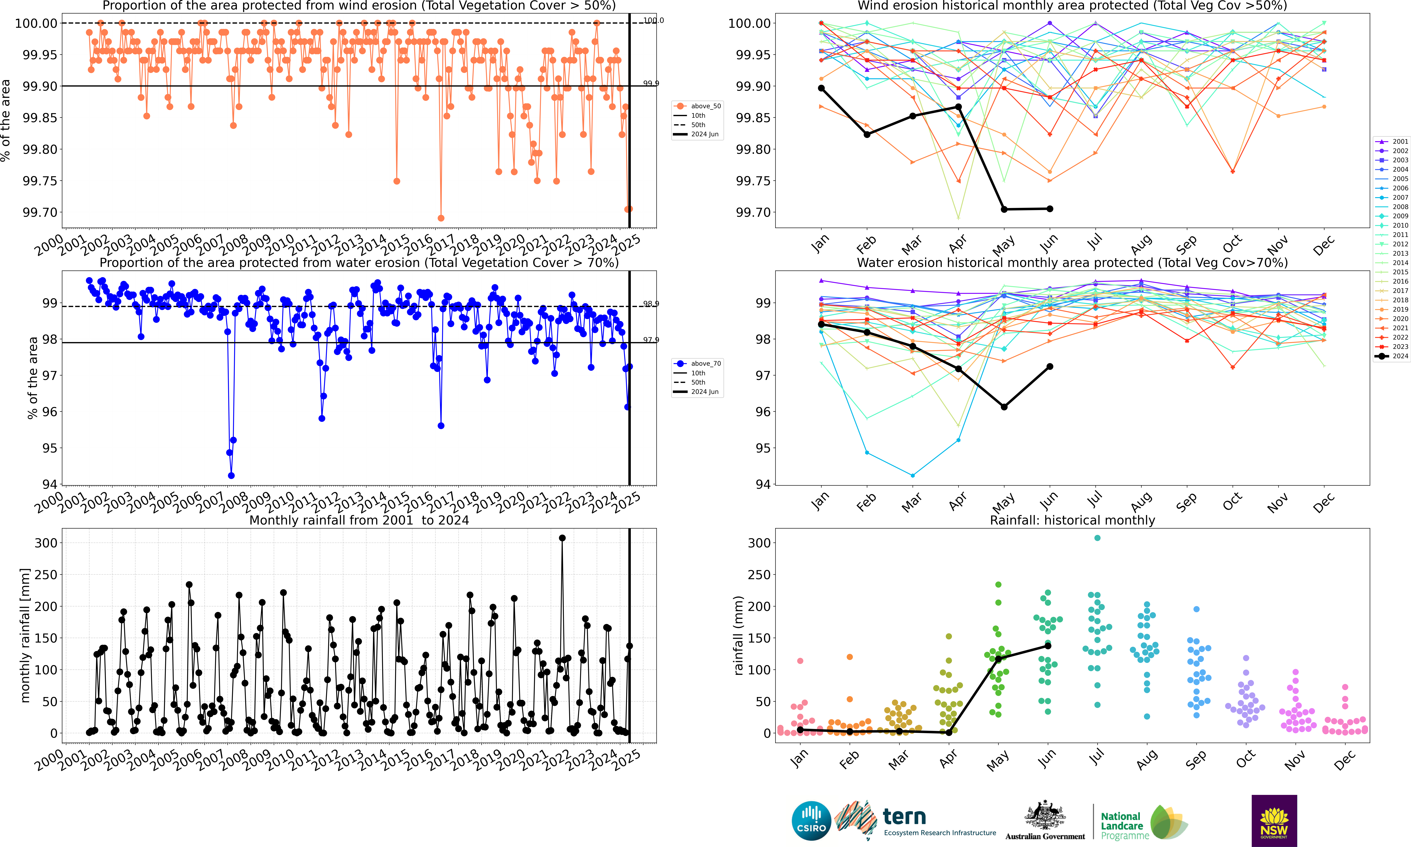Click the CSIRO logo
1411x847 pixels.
811,821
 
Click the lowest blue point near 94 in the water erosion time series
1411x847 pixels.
231,475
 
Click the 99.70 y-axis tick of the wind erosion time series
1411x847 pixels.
40,212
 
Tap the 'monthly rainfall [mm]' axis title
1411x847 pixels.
24,635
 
